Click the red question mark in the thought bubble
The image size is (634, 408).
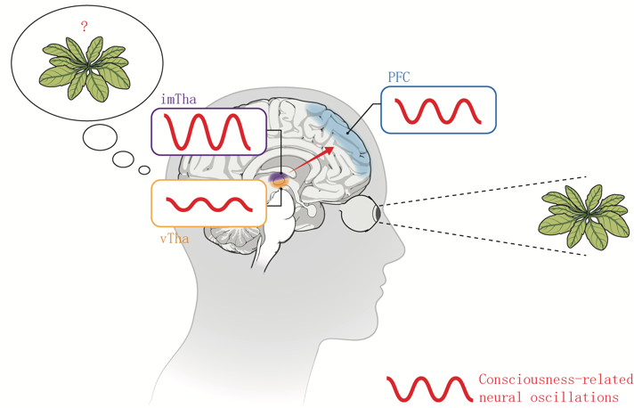(x=84, y=27)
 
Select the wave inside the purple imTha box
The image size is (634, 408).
(x=207, y=132)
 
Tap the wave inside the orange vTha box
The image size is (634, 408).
(x=208, y=204)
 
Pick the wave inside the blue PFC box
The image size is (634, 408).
(x=437, y=110)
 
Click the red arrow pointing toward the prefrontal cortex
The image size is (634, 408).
(x=311, y=163)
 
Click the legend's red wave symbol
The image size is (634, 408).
(x=428, y=388)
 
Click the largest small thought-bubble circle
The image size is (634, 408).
(x=100, y=137)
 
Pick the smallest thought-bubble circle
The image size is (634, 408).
(x=144, y=169)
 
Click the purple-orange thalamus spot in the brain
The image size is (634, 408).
(x=279, y=181)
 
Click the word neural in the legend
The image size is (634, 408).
(x=502, y=396)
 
